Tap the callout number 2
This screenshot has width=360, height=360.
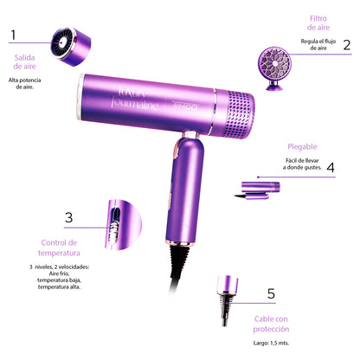345,46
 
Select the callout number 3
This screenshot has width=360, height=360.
68,218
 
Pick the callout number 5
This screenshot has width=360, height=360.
271,295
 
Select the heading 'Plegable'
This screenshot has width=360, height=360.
302,146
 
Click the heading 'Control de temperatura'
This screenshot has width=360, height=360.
61,248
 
